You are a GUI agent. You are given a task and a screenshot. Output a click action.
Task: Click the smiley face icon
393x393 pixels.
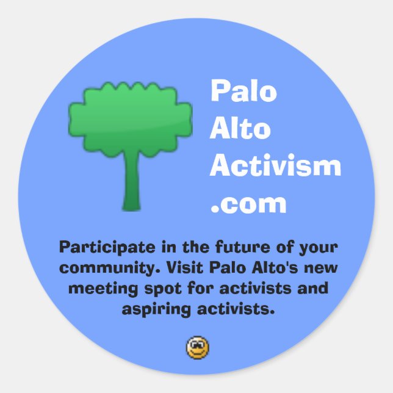(197, 348)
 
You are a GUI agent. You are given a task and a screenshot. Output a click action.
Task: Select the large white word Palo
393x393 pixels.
(243, 92)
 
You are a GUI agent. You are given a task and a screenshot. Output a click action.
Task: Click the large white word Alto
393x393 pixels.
(240, 129)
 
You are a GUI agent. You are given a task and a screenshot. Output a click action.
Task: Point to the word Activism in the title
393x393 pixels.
(275, 166)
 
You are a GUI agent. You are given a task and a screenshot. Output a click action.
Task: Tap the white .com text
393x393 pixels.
(248, 203)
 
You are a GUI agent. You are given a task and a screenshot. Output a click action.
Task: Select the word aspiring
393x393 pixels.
(156, 308)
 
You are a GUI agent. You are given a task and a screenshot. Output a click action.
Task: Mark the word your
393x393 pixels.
(315, 248)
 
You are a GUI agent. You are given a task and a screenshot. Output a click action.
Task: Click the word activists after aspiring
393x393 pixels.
(235, 308)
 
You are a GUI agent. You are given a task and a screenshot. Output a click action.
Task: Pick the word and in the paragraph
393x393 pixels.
(312, 288)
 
